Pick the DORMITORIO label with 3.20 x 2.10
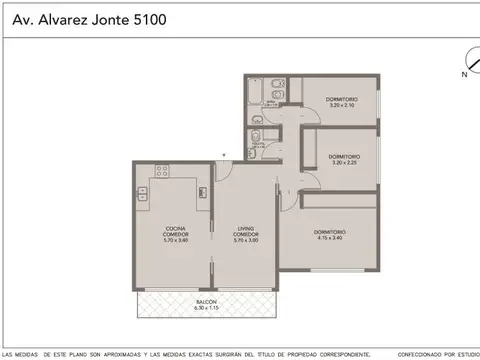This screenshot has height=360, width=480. [x=340, y=100]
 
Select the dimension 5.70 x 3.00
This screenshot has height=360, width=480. [x=245, y=240]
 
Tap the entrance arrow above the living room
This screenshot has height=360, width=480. [x=224, y=154]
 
